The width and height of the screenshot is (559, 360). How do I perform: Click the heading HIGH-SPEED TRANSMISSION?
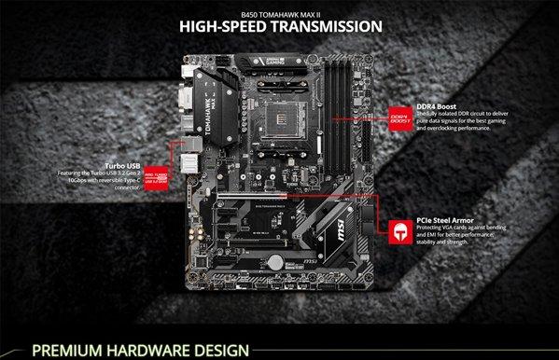(x=281, y=25)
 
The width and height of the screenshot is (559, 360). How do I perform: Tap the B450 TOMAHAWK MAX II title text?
(x=281, y=8)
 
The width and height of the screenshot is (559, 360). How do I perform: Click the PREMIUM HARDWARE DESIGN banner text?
(x=141, y=350)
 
